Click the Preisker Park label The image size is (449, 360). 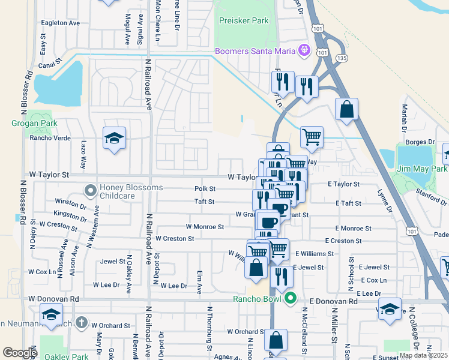pyautogui.click(x=244, y=20)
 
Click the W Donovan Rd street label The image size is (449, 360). pyautogui.click(x=53, y=298)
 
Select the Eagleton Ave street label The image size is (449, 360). pyautogui.click(x=60, y=23)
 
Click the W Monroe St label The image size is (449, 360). pyautogui.click(x=205, y=227)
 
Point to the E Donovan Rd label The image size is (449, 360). pyautogui.click(x=328, y=298)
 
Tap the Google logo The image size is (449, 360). pyautogui.click(x=20, y=353)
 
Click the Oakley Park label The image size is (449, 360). pyautogui.click(x=65, y=356)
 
